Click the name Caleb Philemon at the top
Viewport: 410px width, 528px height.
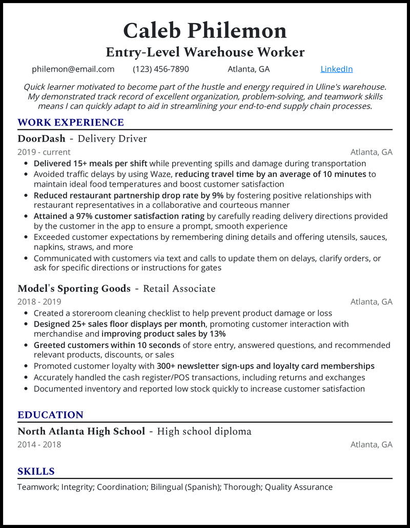pyautogui.click(x=205, y=31)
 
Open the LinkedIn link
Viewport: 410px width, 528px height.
pyautogui.click(x=337, y=69)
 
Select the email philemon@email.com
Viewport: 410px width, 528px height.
pyautogui.click(x=73, y=69)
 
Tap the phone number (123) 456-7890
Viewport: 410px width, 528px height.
pyautogui.click(x=161, y=69)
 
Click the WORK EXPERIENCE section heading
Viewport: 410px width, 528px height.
pyautogui.click(x=71, y=122)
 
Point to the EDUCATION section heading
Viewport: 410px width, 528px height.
pyautogui.click(x=50, y=415)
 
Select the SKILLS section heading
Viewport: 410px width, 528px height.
pyautogui.click(x=36, y=471)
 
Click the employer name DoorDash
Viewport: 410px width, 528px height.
pyautogui.click(x=42, y=139)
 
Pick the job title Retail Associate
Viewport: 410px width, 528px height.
pyautogui.click(x=179, y=289)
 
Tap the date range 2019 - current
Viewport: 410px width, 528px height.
pyautogui.click(x=44, y=152)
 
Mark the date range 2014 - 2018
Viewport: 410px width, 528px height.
pyautogui.click(x=39, y=444)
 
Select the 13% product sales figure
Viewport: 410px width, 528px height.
pyautogui.click(x=217, y=334)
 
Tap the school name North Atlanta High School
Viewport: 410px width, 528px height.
pyautogui.click(x=81, y=431)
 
